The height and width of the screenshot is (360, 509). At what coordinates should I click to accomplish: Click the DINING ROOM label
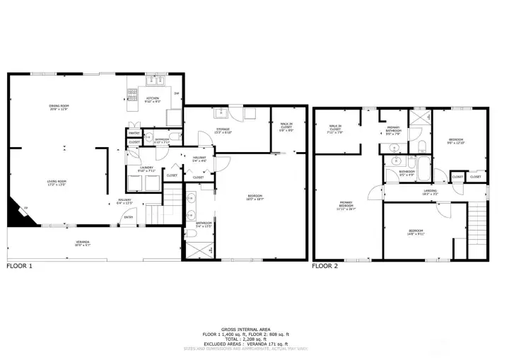(64, 107)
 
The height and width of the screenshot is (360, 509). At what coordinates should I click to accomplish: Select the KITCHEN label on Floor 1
(153, 100)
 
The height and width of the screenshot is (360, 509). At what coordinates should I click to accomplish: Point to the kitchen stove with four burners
(131, 93)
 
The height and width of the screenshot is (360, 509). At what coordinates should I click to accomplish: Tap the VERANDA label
(83, 243)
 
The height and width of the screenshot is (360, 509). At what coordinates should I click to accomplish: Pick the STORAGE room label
(223, 130)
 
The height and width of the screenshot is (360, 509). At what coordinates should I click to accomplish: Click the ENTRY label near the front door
(129, 217)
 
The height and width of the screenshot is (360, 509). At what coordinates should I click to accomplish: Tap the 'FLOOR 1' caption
(19, 267)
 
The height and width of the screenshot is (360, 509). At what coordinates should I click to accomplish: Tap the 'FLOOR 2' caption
(325, 267)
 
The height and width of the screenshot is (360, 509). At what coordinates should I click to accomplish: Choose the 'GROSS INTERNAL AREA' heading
(253, 329)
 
